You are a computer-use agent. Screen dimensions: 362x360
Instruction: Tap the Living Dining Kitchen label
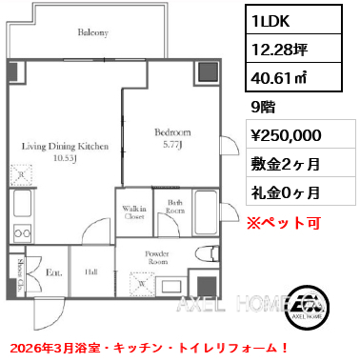(x=66, y=147)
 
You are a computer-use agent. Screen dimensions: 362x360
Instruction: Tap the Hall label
(x=91, y=272)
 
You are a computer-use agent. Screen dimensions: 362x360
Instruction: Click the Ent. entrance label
(x=53, y=272)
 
